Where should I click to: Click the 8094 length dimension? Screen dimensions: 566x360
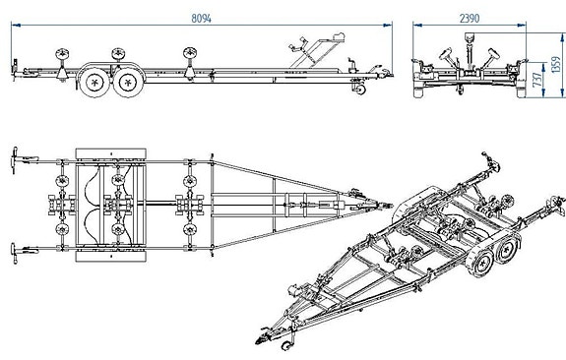(x=201, y=18)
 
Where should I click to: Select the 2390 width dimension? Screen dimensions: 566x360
(x=470, y=18)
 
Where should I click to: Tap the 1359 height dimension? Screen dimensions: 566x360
(x=556, y=65)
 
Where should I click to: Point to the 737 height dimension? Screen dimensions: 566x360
(x=537, y=80)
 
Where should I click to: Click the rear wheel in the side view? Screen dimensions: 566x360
(x=94, y=83)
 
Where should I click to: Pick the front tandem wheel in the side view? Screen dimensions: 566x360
(x=128, y=83)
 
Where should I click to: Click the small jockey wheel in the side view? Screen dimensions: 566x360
(x=360, y=90)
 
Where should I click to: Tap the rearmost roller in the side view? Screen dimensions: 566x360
(x=62, y=54)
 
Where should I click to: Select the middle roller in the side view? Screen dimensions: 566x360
(x=118, y=54)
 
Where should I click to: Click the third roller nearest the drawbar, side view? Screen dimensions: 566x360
(x=190, y=53)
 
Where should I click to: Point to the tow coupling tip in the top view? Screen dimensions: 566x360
(x=392, y=206)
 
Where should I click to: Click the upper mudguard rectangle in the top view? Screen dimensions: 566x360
(x=111, y=153)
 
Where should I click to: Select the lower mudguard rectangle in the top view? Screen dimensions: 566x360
(x=111, y=256)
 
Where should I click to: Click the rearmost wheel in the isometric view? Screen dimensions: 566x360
(x=506, y=250)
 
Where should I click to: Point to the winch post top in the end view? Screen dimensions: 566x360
(x=470, y=36)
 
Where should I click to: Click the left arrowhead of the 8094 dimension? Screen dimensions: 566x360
(x=16, y=26)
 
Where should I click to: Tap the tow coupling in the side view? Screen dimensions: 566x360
(x=384, y=72)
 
